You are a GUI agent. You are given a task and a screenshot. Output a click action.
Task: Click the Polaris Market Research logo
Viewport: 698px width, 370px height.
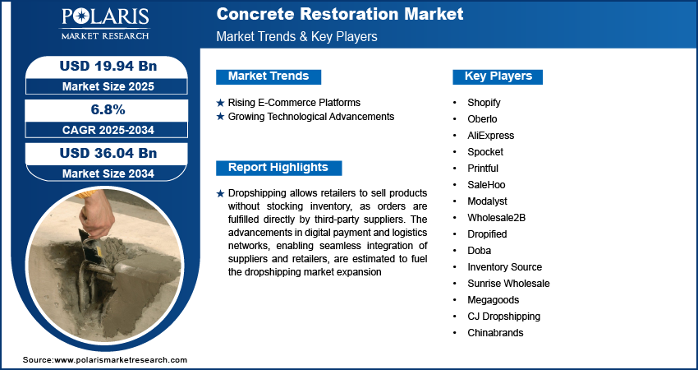(105, 24)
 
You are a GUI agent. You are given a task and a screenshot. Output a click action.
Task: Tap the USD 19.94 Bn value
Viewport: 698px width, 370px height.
(108, 66)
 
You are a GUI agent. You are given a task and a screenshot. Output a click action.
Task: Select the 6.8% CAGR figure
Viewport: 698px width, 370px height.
(108, 109)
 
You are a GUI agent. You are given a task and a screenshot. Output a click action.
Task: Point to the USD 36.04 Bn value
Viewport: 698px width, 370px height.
(108, 153)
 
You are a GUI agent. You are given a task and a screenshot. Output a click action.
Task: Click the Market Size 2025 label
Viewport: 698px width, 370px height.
(108, 86)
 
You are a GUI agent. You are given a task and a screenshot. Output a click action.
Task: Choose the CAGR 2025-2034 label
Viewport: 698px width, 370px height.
(108, 130)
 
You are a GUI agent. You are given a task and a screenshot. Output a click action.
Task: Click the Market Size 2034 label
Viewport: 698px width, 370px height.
(108, 173)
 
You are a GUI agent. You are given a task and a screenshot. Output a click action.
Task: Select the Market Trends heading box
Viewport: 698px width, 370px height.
(269, 76)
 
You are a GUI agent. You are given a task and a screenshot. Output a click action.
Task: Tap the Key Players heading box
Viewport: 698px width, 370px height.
(498, 76)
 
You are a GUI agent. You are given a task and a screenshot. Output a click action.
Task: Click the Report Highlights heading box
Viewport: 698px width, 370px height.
(278, 168)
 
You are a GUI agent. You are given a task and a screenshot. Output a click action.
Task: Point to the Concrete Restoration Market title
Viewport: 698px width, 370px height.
(340, 14)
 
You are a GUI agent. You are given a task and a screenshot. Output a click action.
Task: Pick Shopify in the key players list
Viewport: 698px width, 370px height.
(484, 103)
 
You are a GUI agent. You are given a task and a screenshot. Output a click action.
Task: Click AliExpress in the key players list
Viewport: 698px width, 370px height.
(490, 136)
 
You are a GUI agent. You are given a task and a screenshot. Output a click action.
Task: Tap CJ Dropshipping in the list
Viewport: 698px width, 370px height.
(504, 317)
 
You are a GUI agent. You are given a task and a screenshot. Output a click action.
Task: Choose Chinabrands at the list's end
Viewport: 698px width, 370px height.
(495, 332)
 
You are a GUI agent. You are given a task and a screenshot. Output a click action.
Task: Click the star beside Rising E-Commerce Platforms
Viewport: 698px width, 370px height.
(220, 103)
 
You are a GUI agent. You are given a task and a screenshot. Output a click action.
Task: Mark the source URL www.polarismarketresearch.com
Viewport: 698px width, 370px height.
(121, 360)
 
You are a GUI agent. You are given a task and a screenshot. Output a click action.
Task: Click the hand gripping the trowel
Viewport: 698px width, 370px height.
(96, 212)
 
